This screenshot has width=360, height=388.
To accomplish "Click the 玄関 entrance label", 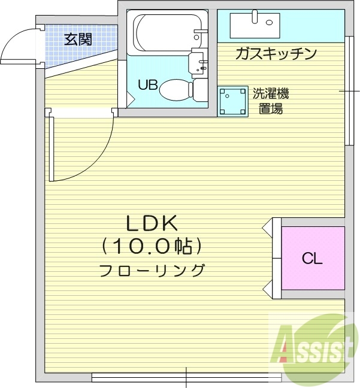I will click(78, 40).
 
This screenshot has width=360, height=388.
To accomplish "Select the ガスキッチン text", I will click(276, 54).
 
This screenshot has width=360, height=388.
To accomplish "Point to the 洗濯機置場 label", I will click(270, 101).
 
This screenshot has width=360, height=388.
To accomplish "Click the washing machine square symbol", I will click(232, 101).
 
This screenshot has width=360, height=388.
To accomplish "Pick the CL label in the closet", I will click(312, 259).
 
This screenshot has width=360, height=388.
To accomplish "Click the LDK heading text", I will click(152, 223).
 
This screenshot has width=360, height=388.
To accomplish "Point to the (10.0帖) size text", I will click(152, 245).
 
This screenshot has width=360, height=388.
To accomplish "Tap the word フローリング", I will click(152, 270).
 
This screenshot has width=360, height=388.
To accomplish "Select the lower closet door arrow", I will click(267, 289).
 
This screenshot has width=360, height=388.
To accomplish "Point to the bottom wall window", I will click(186, 377).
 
